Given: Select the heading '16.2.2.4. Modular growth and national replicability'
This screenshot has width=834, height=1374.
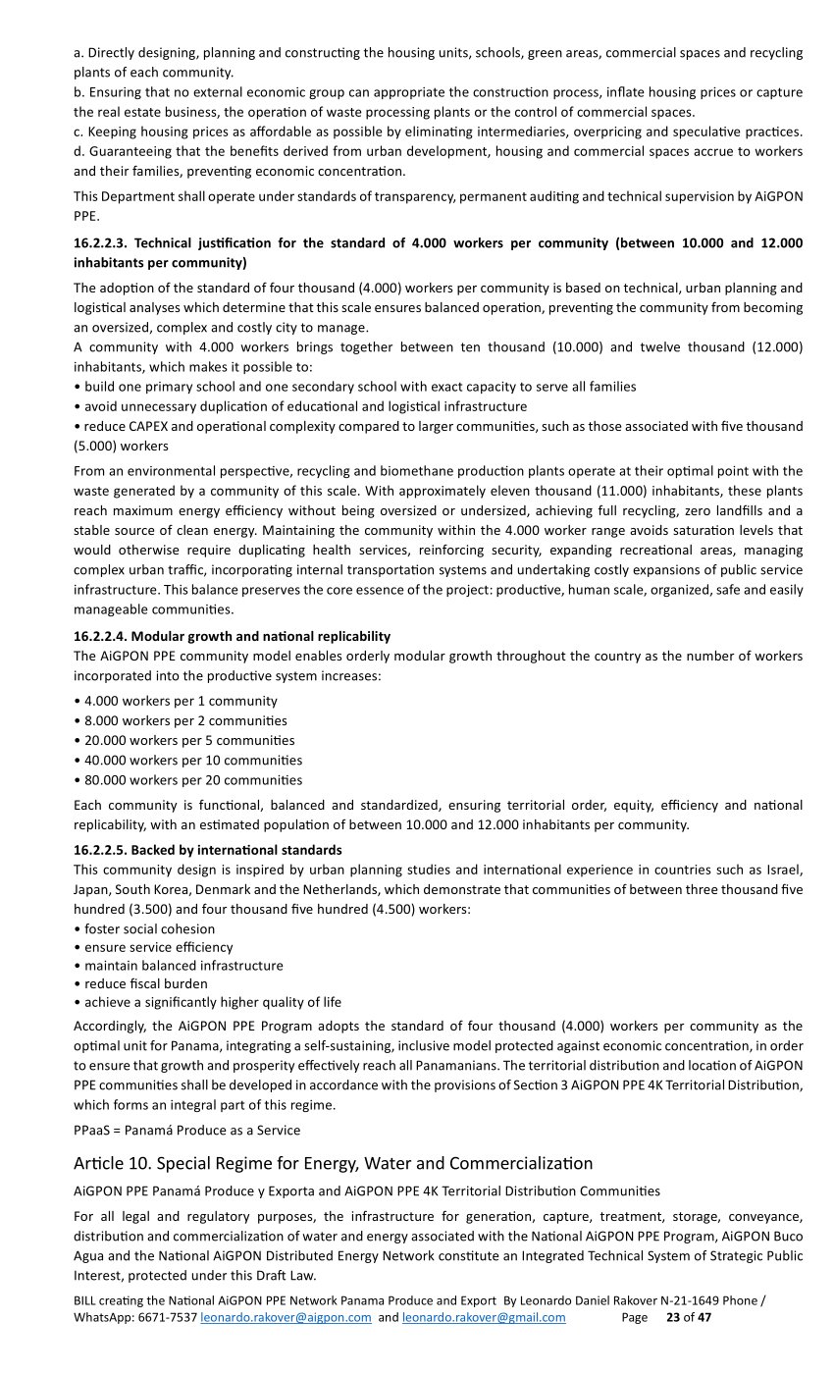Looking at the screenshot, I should pyautogui.click(x=232, y=636).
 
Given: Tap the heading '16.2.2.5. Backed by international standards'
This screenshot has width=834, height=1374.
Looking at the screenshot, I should pyautogui.click(x=208, y=850).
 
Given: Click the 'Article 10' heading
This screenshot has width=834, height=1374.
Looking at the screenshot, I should pyautogui.click(x=333, y=1164).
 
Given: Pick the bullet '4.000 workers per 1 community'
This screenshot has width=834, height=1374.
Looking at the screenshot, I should pyautogui.click(x=181, y=701).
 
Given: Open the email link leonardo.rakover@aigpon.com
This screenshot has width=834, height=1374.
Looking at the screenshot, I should pyautogui.click(x=286, y=1317).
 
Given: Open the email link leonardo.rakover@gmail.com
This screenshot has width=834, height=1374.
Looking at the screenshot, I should pyautogui.click(x=484, y=1317).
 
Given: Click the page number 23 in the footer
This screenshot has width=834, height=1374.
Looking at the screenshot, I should pyautogui.click(x=673, y=1317).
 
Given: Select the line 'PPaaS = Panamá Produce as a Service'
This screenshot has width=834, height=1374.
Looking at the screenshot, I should pyautogui.click(x=186, y=1130).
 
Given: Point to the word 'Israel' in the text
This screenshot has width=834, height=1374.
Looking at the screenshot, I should pyautogui.click(x=783, y=870).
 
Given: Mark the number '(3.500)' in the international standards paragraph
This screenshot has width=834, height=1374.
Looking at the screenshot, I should pyautogui.click(x=137, y=909).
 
